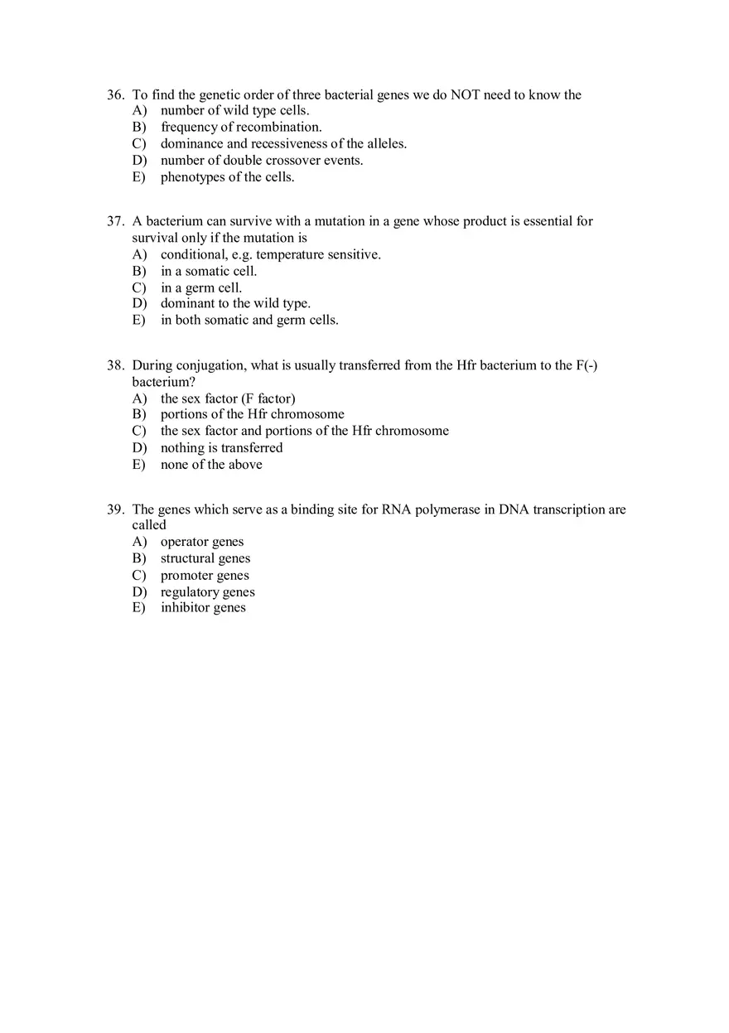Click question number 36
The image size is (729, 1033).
click(x=115, y=95)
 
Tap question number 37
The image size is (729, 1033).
click(x=115, y=222)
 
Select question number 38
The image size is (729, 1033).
click(x=115, y=365)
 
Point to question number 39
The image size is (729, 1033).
click(x=115, y=509)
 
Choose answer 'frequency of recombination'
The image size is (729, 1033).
click(x=241, y=128)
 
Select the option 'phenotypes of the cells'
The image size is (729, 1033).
click(x=227, y=177)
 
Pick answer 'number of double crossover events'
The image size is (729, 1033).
click(x=262, y=161)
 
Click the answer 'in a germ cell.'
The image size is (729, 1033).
click(x=201, y=288)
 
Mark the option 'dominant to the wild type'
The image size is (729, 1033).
click(x=235, y=304)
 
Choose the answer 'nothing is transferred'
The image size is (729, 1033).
click(x=221, y=448)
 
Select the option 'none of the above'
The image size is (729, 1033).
click(x=211, y=465)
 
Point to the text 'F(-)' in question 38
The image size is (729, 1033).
click(x=587, y=365)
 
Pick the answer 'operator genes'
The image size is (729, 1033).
click(x=202, y=542)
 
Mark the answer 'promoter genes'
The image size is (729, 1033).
click(x=205, y=576)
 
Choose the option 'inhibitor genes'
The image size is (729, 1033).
click(x=203, y=608)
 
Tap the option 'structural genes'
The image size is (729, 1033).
click(x=205, y=559)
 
